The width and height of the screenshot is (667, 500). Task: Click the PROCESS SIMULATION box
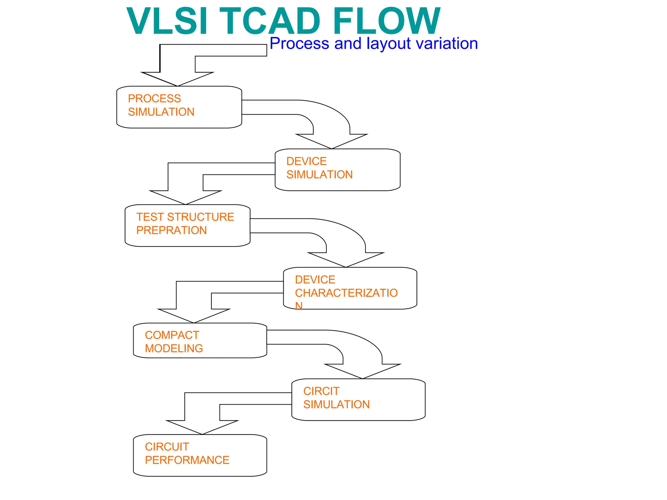179,107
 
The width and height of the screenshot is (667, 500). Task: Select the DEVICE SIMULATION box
337,170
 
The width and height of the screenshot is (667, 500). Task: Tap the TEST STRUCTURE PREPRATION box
187,225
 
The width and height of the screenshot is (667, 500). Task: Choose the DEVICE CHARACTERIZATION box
350,288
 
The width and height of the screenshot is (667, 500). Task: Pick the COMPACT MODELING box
200,340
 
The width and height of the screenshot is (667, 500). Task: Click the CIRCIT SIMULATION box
358,399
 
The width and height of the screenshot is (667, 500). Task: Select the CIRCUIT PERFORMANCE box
200,455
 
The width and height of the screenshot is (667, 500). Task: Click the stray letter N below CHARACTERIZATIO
299,306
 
